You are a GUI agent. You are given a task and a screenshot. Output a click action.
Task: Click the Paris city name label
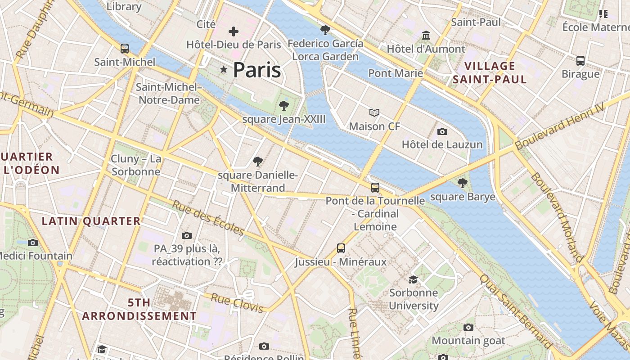point(257,70)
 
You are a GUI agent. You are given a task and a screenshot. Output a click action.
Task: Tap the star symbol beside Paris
point(224,69)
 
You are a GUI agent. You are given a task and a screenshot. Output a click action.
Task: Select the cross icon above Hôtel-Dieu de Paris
point(234,31)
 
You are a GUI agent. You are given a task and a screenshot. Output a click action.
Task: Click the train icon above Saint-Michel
point(125,48)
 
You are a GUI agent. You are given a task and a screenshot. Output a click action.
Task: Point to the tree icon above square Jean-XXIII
point(283,106)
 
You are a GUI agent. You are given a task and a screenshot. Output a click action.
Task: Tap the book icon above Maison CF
point(374,112)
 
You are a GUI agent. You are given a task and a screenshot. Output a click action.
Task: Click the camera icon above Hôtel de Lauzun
point(442,131)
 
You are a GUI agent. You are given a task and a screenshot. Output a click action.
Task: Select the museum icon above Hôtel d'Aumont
point(426,35)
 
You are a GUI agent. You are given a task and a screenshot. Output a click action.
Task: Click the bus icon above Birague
point(580,60)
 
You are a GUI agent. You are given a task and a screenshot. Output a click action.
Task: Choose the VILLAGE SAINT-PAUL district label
point(490,73)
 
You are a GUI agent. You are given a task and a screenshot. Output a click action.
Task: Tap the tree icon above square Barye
point(462,183)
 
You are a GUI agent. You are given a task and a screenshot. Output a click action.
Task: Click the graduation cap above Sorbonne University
point(413,279)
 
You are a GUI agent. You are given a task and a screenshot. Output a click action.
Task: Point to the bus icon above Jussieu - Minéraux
point(341,248)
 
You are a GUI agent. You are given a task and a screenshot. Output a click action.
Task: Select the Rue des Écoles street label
point(208,218)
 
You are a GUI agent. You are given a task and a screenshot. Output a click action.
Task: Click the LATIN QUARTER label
point(91,221)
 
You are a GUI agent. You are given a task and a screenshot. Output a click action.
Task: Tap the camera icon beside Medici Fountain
point(32,243)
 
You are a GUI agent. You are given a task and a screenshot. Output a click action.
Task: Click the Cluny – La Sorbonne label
point(136,165)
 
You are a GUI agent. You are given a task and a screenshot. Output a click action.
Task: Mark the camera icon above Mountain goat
point(468,327)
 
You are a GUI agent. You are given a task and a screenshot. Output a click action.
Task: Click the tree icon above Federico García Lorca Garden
point(325,30)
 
